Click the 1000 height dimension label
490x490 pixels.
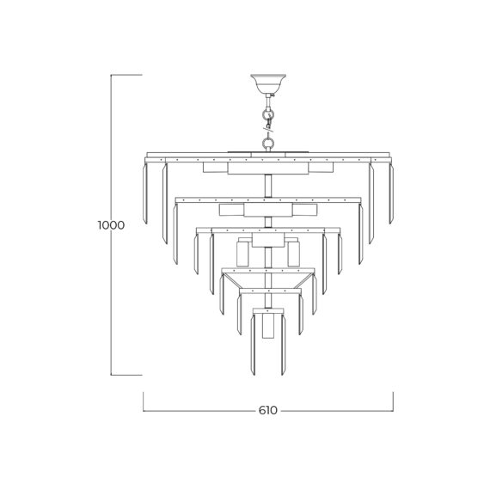pyautogui.click(x=111, y=225)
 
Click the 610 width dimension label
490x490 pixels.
pyautogui.click(x=268, y=410)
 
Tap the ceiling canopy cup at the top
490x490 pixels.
pyautogui.click(x=268, y=83)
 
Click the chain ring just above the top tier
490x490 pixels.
pyautogui.click(x=268, y=144)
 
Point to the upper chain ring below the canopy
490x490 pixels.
pyautogui.click(x=268, y=113)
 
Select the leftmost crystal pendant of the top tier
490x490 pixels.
pyautogui.click(x=144, y=193)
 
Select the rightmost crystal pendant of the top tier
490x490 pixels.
pyautogui.click(x=391, y=193)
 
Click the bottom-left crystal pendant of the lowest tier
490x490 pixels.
pyautogui.click(x=253, y=345)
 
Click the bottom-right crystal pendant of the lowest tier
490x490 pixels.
pyautogui.click(x=283, y=345)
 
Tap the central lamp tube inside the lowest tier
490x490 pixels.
pyautogui.click(x=268, y=326)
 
